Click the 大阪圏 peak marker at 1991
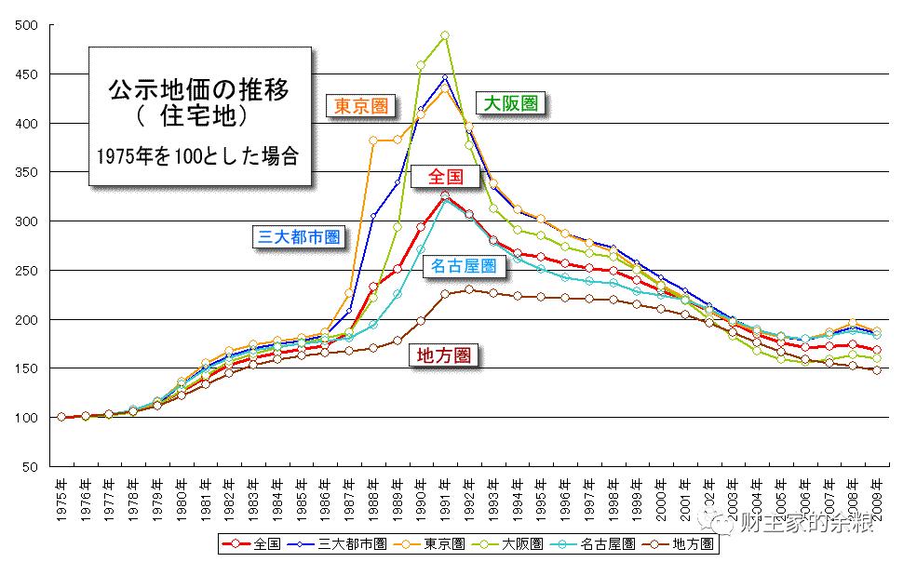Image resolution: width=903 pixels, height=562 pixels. (445, 36)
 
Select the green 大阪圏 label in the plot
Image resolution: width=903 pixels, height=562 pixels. (508, 102)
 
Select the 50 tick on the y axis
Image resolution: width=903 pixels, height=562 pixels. (30, 467)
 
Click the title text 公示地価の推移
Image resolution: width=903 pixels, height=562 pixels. (199, 91)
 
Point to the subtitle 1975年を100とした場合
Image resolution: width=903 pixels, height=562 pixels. (197, 155)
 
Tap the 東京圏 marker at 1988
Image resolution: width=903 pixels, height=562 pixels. (373, 140)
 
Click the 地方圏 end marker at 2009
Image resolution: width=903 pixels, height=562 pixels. (877, 370)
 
